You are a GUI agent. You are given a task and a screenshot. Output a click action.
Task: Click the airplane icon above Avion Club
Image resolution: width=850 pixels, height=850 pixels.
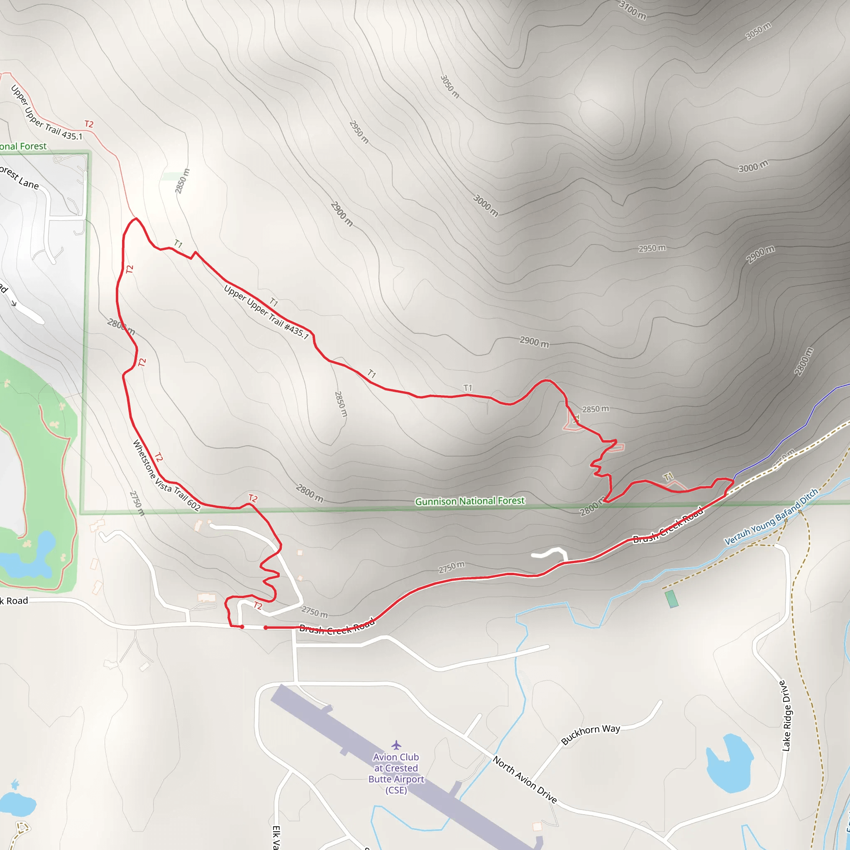396,745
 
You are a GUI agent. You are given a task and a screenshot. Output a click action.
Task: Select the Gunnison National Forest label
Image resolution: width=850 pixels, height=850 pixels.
469,501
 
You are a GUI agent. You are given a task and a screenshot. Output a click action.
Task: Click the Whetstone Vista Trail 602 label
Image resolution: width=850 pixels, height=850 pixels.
166,475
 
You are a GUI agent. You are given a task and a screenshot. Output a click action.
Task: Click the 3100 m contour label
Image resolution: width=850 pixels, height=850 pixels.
632,10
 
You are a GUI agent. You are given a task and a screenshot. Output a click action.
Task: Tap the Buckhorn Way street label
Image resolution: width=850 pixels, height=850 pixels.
591,734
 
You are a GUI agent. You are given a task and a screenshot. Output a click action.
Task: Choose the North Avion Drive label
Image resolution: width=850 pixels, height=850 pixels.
525,779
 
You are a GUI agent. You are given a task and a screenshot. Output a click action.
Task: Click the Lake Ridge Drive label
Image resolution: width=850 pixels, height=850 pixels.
786,716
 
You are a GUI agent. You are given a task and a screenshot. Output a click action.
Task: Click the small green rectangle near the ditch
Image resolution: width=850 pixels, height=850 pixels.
672,599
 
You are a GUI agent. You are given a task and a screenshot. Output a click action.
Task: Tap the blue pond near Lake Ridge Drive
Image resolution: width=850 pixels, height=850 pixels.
728,763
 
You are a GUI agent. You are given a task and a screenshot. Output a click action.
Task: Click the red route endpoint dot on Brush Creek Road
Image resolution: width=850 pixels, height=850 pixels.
266,628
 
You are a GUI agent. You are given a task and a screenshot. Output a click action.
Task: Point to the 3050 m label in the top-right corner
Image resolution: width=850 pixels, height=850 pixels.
758,31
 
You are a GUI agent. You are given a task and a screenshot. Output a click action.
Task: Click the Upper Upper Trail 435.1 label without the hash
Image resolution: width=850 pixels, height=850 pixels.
46,112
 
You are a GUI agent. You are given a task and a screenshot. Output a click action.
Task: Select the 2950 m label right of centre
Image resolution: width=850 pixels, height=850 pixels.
652,248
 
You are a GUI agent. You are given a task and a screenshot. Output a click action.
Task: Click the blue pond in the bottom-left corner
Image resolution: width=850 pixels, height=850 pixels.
17,804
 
